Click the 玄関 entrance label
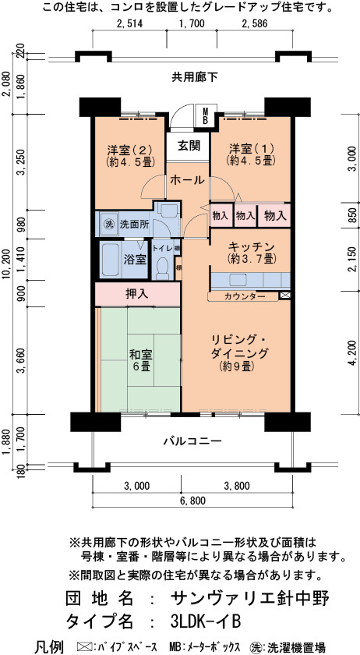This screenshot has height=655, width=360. (189, 146)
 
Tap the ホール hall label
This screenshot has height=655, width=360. (188, 180)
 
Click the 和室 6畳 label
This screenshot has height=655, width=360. (140, 361)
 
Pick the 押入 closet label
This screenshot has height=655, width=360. (137, 294)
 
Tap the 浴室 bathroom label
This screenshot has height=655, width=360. (135, 260)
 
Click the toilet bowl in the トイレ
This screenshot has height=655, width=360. (161, 268)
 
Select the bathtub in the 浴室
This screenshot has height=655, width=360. (111, 260)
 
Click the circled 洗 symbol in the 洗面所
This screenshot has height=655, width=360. (109, 224)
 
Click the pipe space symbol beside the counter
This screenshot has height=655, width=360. (285, 296)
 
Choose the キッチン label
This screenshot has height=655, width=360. (251, 252)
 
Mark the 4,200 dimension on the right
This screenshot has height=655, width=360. (353, 353)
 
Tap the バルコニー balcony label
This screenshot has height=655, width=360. (192, 441)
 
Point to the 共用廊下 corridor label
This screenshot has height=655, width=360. (195, 77)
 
